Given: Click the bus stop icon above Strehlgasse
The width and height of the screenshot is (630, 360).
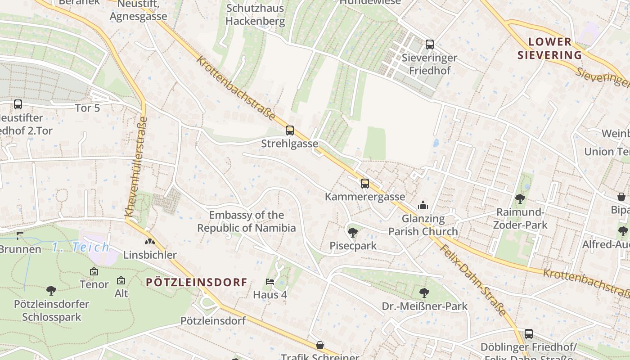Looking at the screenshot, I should point(290,130).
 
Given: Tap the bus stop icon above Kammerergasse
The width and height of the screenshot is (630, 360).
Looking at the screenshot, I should point(364,183).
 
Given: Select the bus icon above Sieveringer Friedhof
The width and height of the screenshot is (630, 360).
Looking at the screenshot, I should point(430,45).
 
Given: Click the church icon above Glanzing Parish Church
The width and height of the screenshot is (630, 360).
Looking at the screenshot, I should point(423,206).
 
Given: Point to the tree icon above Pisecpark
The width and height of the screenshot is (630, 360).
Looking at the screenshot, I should point(352,233).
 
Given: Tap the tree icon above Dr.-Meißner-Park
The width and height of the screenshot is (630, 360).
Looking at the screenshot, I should point(424,293).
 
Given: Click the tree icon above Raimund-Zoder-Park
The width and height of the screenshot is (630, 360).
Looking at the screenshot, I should point(520,198).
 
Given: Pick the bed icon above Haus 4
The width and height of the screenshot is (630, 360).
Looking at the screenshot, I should point(270,282).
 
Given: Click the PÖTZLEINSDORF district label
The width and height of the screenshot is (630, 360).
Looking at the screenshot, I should point(197,283).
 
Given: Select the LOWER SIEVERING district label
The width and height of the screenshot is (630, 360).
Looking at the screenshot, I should point(549,49).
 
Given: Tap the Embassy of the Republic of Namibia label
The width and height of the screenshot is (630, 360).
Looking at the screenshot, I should point(247,221).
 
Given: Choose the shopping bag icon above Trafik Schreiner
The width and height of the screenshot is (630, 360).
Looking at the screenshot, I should point(320,345).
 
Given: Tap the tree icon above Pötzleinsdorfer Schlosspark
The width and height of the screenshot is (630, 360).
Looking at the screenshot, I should point(51,291).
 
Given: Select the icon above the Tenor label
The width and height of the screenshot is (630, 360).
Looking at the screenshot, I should point(94,271).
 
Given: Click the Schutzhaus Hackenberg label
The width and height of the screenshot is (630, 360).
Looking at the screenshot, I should point(255,14).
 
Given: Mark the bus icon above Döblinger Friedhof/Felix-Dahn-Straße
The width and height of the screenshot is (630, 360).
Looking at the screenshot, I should point(529,334).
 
